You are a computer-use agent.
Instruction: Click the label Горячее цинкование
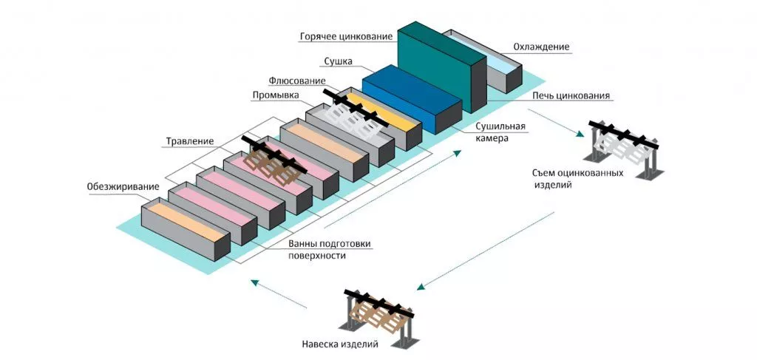tap(345, 36)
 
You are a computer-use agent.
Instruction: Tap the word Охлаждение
tap(541, 47)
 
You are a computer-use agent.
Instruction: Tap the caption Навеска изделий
tap(340, 344)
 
